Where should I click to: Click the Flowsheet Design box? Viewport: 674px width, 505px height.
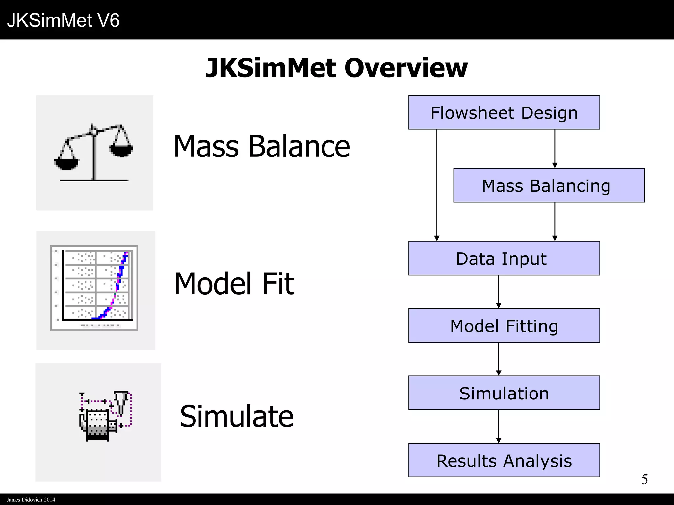504,112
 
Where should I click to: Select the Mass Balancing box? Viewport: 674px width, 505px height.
549,185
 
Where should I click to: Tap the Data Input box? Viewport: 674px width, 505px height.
504,258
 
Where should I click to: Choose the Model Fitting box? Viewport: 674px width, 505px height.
504,325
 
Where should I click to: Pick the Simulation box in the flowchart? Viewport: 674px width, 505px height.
504,393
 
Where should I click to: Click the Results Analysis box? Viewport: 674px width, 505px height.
504,460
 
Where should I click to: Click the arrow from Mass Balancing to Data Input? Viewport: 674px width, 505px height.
555,222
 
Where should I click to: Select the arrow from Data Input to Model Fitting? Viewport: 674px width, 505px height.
499,292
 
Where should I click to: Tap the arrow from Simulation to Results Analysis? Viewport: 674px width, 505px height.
499,426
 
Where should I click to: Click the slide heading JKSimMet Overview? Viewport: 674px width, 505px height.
336,68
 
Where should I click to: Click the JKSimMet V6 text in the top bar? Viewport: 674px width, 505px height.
63,20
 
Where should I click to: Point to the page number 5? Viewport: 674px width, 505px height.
644,479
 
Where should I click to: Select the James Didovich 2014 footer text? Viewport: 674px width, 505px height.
31,500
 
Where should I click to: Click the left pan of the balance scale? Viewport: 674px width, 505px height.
67,163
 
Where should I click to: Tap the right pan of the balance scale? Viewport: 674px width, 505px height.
121,150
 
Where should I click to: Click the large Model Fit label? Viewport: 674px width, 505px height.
234,284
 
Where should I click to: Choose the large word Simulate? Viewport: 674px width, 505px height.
237,417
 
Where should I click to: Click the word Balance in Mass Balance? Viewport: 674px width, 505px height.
299,147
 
